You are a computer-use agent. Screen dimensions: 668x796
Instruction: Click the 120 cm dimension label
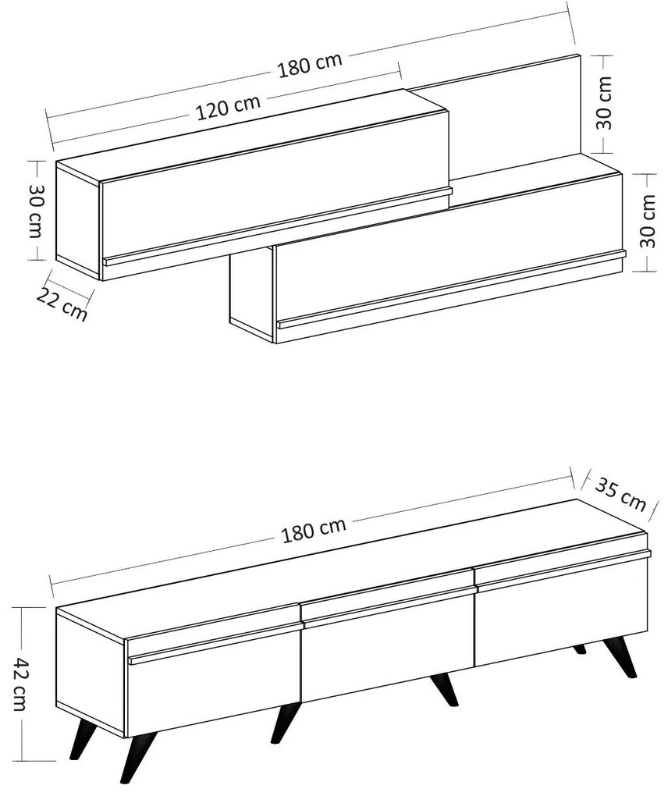pos(229,107)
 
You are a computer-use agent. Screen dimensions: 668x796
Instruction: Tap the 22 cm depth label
pos(62,304)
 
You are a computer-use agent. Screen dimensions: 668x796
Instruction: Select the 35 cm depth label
pos(620,493)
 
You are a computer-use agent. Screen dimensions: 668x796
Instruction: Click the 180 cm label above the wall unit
pos(310,65)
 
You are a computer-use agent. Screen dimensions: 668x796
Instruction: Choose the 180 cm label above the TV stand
pos(314,529)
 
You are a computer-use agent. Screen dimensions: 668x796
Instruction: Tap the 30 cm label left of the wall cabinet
pos(36,210)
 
